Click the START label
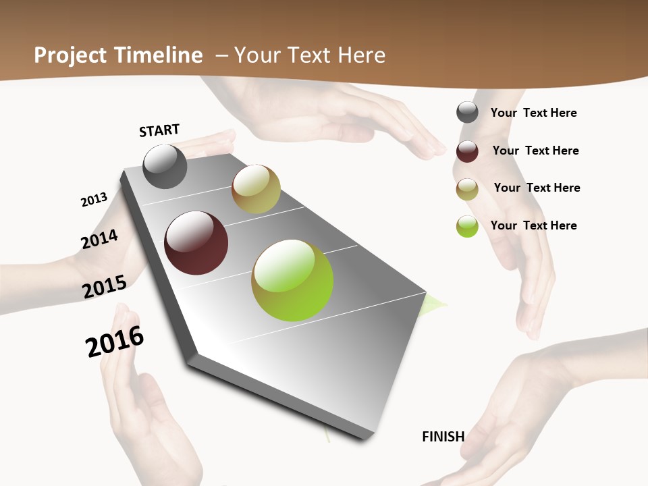(x=159, y=130)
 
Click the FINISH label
(x=443, y=437)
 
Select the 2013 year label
(x=94, y=200)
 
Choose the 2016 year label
(x=115, y=342)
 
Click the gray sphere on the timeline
(x=165, y=166)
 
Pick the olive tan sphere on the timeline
(x=256, y=189)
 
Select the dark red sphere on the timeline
(x=196, y=243)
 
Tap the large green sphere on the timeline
(x=292, y=280)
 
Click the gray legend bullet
(x=467, y=112)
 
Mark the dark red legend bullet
(x=467, y=151)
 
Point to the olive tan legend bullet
(x=467, y=189)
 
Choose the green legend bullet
(x=467, y=226)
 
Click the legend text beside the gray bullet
(x=533, y=113)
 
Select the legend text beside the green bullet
(x=533, y=225)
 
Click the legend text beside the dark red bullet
(x=535, y=151)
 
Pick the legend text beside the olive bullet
(x=537, y=188)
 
